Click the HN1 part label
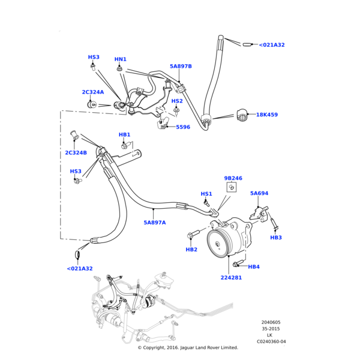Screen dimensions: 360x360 point(121,59)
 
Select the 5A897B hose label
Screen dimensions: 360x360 point(181,67)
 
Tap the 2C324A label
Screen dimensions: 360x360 point(93,92)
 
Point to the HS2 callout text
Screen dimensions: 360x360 point(177,101)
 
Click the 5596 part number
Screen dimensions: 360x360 point(183,127)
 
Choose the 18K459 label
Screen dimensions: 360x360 point(267,115)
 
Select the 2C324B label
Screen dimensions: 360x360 point(76,153)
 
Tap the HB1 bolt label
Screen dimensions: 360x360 point(124,135)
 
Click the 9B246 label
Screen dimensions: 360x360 point(233,178)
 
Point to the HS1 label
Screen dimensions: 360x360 point(206,194)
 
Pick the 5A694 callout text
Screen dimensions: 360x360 point(259,193)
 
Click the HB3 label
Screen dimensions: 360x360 point(276,238)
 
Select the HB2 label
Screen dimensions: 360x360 point(191,250)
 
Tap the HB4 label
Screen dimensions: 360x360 point(254,267)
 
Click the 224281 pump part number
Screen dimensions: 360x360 point(231,278)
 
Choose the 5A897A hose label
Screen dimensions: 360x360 point(155,223)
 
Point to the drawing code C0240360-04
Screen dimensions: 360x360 point(272,341)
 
